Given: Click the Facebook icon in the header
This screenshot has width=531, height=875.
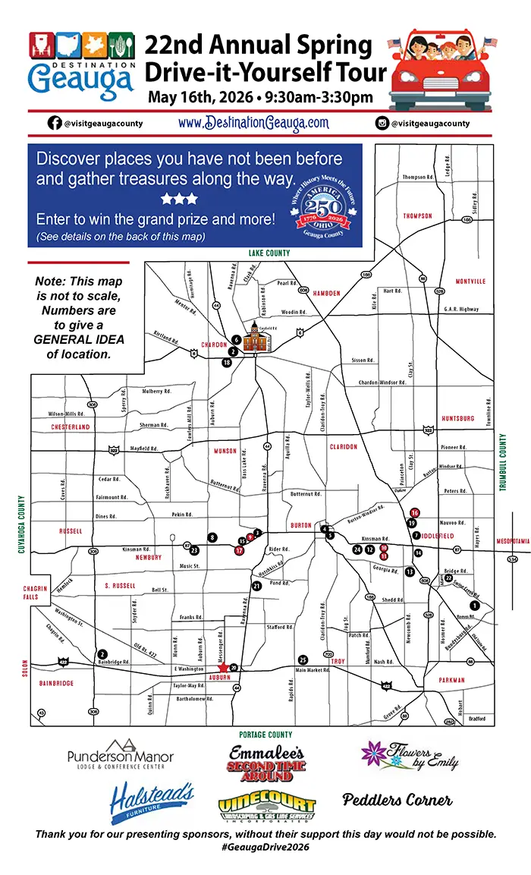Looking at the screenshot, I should point(55,123).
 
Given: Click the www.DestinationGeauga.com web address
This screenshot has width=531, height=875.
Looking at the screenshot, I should point(254,122).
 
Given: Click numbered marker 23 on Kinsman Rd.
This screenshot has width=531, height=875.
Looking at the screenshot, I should point(194,549).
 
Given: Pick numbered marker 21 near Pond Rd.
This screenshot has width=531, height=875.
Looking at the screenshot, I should point(256,586).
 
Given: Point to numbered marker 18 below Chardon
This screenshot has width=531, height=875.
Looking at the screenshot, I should point(227,363).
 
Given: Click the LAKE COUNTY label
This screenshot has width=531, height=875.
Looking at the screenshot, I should point(269,253).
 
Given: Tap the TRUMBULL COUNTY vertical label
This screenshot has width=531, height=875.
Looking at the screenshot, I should point(502,463).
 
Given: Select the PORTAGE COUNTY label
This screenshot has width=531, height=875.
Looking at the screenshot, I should point(265,735).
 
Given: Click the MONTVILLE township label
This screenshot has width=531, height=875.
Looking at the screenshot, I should point(470,282).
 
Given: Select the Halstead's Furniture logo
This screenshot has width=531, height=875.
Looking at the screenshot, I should point(152,803).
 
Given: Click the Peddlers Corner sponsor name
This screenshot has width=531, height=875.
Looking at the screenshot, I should point(397,800).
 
